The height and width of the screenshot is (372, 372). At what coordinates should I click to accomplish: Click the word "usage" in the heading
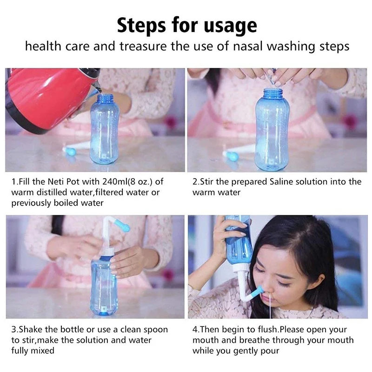point(231,26)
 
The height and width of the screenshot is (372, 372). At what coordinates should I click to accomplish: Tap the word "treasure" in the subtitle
point(152,46)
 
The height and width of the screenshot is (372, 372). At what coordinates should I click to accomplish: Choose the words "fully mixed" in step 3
point(33,351)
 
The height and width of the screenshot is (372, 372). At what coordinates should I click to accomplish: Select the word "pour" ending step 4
point(269,351)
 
